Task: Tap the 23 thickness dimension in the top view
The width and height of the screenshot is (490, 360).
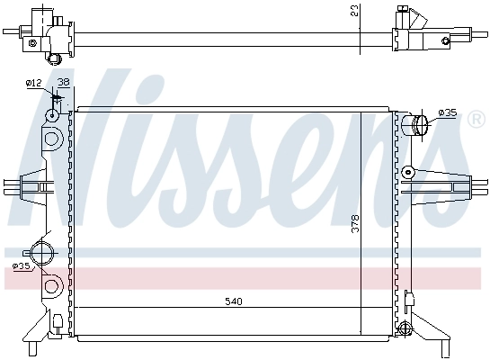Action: (356, 12)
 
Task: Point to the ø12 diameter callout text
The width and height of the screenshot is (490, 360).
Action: (34, 83)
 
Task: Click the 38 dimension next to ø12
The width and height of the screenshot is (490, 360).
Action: (62, 83)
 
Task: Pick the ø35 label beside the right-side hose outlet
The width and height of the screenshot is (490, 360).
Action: (447, 113)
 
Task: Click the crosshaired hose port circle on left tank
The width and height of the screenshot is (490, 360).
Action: (41, 251)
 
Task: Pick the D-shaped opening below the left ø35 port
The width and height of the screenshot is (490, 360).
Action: (51, 287)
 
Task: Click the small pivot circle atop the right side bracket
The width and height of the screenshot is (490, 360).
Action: (408, 171)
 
